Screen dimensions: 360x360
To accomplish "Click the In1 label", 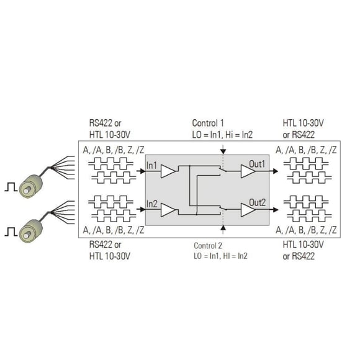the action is [151, 165].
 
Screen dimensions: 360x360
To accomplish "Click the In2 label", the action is [152, 204].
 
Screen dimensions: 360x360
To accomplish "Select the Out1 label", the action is [257, 164].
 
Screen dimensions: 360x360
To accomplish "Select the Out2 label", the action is [258, 202].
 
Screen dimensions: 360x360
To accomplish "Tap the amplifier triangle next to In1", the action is [168, 171].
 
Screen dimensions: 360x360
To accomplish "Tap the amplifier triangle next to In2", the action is [168, 210].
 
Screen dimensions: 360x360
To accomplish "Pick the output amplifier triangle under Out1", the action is [248, 171].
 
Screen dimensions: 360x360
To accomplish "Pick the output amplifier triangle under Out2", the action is [248, 210].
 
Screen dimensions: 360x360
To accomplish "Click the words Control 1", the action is [208, 123].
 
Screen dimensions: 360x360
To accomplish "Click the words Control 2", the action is [208, 246].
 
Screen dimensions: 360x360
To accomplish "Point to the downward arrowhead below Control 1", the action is [223, 151].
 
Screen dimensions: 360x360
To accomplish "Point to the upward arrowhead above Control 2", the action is [223, 228].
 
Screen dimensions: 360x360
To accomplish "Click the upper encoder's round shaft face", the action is [27, 190].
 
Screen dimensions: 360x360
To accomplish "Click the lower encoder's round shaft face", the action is [27, 235].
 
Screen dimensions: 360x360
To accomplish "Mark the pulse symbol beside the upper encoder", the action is [11, 187].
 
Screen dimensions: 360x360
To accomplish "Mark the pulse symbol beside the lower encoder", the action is [11, 232].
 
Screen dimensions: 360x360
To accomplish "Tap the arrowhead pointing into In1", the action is [143, 171].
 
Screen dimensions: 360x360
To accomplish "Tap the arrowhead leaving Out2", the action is [276, 210].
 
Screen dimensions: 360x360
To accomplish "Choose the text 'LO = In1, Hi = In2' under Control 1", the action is [222, 135].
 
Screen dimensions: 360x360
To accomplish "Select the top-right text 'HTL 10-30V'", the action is [303, 123].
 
